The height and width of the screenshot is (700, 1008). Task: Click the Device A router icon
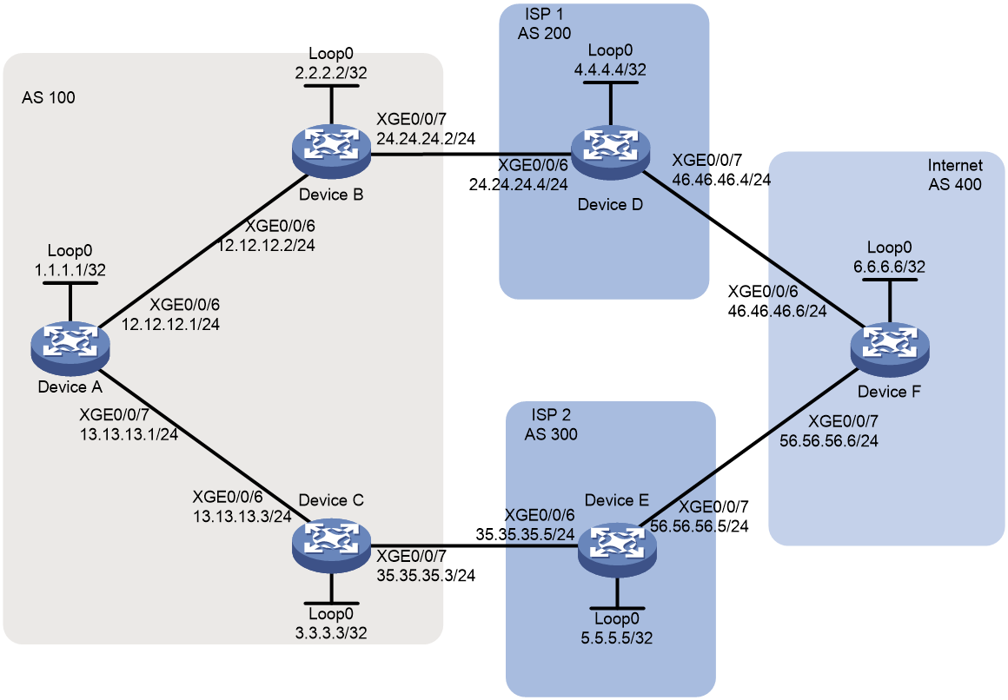click(x=70, y=348)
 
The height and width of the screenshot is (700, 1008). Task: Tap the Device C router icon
click(x=331, y=546)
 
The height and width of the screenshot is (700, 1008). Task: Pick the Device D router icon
click(x=610, y=152)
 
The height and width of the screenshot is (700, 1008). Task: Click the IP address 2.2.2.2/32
click(x=331, y=73)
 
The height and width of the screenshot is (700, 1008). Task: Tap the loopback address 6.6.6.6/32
click(x=890, y=267)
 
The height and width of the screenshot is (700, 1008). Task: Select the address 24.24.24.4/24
click(x=518, y=184)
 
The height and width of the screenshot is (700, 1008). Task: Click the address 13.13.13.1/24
click(x=129, y=434)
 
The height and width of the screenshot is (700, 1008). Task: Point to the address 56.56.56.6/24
click(x=829, y=441)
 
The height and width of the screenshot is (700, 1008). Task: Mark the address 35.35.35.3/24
click(x=426, y=575)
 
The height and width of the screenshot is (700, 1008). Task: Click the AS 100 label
click(x=49, y=97)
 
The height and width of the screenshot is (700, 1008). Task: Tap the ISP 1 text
click(x=544, y=14)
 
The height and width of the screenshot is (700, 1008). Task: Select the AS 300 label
click(x=551, y=434)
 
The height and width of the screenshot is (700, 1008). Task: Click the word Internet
click(x=955, y=165)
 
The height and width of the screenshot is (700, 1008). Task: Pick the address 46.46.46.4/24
click(x=721, y=179)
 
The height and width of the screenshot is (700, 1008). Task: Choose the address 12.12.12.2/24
click(x=266, y=246)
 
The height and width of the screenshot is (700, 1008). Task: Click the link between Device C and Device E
click(x=474, y=547)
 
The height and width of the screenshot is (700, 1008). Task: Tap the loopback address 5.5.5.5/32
click(x=617, y=638)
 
